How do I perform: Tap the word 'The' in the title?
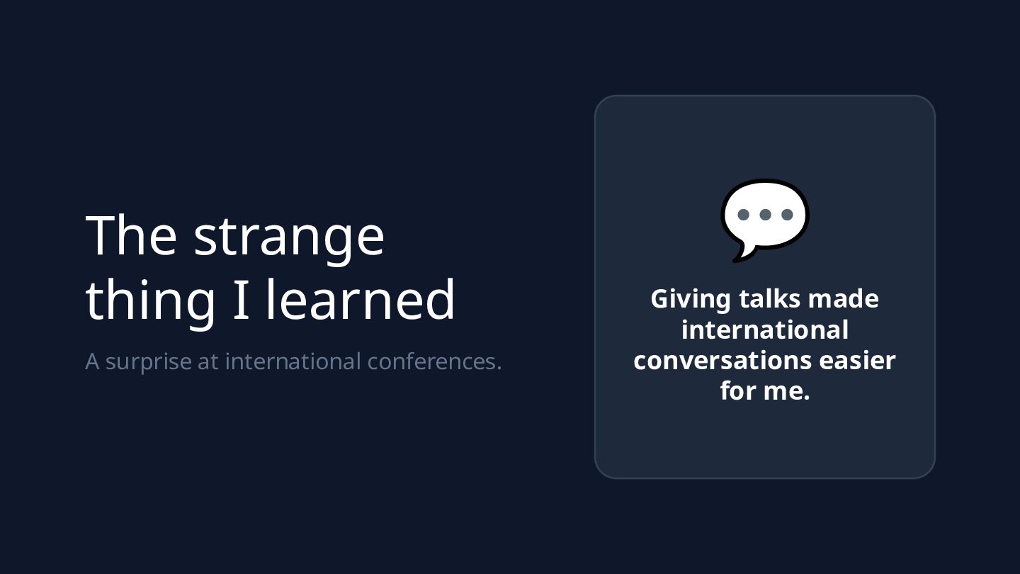pos(131,235)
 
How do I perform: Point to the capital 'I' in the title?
pos(241,300)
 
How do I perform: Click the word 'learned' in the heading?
pos(360,298)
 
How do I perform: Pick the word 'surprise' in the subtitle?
pos(149,363)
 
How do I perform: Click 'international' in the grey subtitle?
pos(293,361)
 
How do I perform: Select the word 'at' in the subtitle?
pos(208,362)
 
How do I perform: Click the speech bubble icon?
pos(765,220)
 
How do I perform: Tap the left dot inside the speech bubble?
pos(743,215)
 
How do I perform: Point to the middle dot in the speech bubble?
pos(766,215)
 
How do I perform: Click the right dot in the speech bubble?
pos(787,215)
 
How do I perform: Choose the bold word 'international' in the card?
pos(765,330)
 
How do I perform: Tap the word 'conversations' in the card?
pos(722,361)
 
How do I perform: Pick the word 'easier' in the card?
pos(857,361)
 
